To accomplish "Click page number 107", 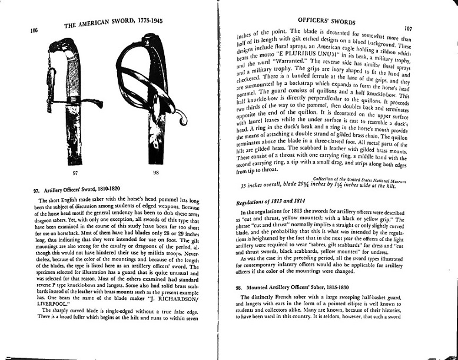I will coord(408,28).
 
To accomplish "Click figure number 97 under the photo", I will coord(74,174).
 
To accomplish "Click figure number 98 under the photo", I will coord(155,173).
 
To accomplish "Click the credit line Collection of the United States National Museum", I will coord(359,179).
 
